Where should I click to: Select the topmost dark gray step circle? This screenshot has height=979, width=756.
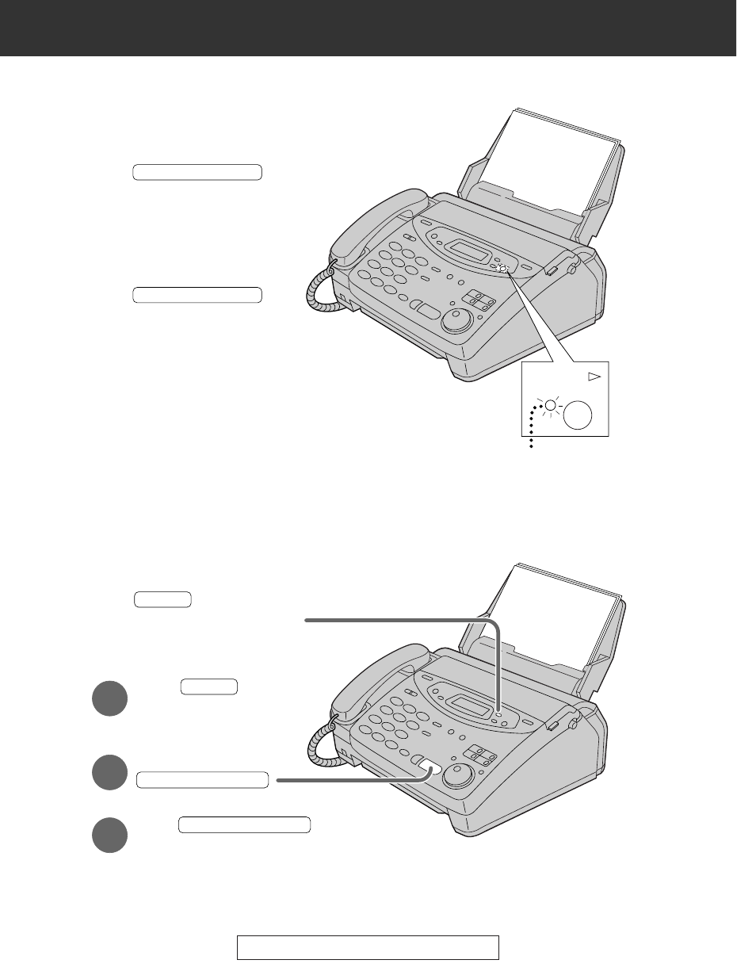click(109, 698)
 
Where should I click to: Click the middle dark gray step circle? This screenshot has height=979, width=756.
click(109, 773)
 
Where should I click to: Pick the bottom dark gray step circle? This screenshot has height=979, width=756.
click(109, 835)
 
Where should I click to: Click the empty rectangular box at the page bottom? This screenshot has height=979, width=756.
click(368, 947)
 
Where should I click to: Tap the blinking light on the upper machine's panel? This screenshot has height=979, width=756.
click(502, 268)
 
